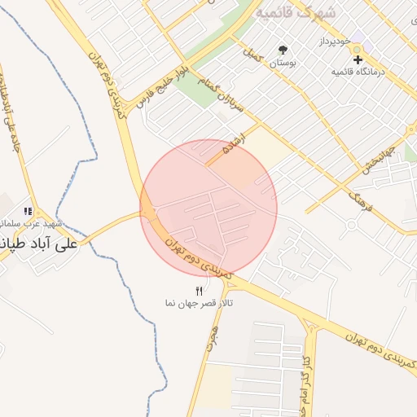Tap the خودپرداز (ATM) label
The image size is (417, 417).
(335, 41)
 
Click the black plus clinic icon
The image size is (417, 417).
(358, 59)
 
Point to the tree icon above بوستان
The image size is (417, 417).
(283, 50)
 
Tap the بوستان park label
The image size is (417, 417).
(283, 62)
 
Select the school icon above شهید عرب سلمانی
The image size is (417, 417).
(29, 211)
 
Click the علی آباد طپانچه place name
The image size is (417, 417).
(37, 243)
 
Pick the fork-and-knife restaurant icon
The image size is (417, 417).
(199, 291)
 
